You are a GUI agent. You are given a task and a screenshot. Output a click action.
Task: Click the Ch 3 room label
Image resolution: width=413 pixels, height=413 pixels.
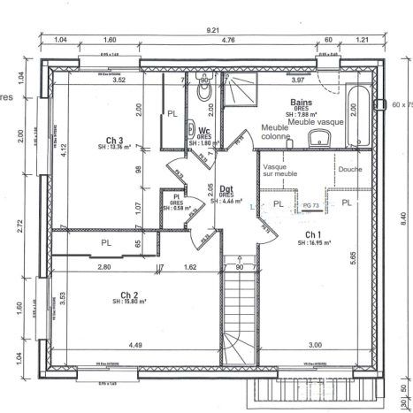pyautogui.click(x=113, y=141)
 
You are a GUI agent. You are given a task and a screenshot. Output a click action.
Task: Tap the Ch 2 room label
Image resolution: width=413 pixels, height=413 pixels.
pyautogui.click(x=131, y=296)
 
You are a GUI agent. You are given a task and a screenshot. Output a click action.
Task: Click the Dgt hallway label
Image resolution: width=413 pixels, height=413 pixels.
pyautogui.click(x=226, y=188)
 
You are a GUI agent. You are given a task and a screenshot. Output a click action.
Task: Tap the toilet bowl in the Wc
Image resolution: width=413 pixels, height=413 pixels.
pyautogui.click(x=204, y=92)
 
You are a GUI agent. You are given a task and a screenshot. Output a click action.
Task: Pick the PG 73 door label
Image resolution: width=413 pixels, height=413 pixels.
pyautogui.click(x=310, y=204)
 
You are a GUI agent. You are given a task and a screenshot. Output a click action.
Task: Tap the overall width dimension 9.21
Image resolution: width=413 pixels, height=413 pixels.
pyautogui.click(x=213, y=30)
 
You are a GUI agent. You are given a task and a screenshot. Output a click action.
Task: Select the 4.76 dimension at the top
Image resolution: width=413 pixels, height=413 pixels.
pyautogui.click(x=227, y=41)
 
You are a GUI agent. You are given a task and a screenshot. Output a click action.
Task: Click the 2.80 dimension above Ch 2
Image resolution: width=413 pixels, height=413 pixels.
pyautogui.click(x=103, y=266)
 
